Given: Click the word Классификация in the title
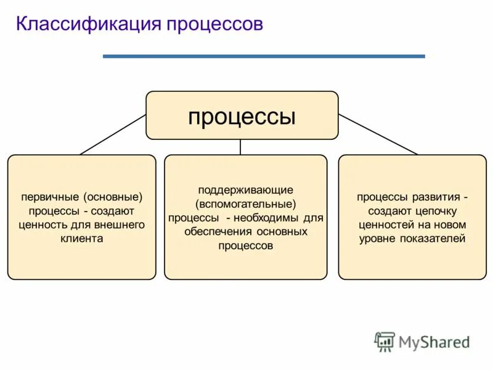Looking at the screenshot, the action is [87, 25].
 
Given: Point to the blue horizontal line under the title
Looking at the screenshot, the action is [264, 56].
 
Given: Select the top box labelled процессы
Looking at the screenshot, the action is [242, 115].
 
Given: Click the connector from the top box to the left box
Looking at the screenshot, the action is [113, 134].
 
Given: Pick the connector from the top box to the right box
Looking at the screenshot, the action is [378, 134].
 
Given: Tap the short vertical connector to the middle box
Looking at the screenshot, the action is [240, 147].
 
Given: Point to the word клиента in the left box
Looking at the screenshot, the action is [82, 238].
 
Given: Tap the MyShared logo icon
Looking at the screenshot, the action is [385, 342].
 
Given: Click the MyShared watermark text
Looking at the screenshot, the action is [434, 342].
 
